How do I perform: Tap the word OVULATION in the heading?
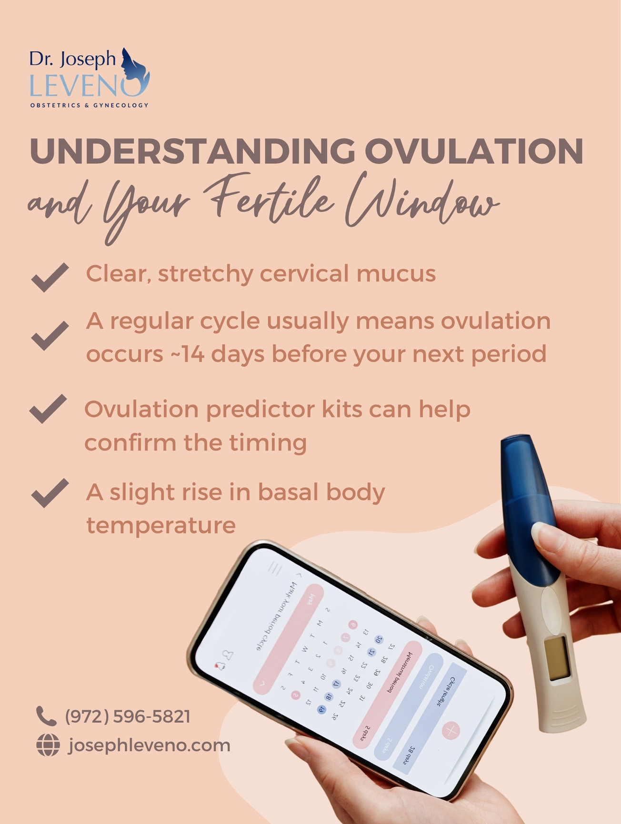474,151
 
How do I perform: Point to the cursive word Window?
419,202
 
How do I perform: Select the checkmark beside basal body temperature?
50,493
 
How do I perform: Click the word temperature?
161,525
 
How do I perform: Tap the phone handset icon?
46,716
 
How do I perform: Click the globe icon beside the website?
48,745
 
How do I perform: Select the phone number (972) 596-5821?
128,716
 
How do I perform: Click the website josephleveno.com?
149,745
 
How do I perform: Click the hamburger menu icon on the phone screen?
275,569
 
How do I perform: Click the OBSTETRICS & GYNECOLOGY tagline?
89,105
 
